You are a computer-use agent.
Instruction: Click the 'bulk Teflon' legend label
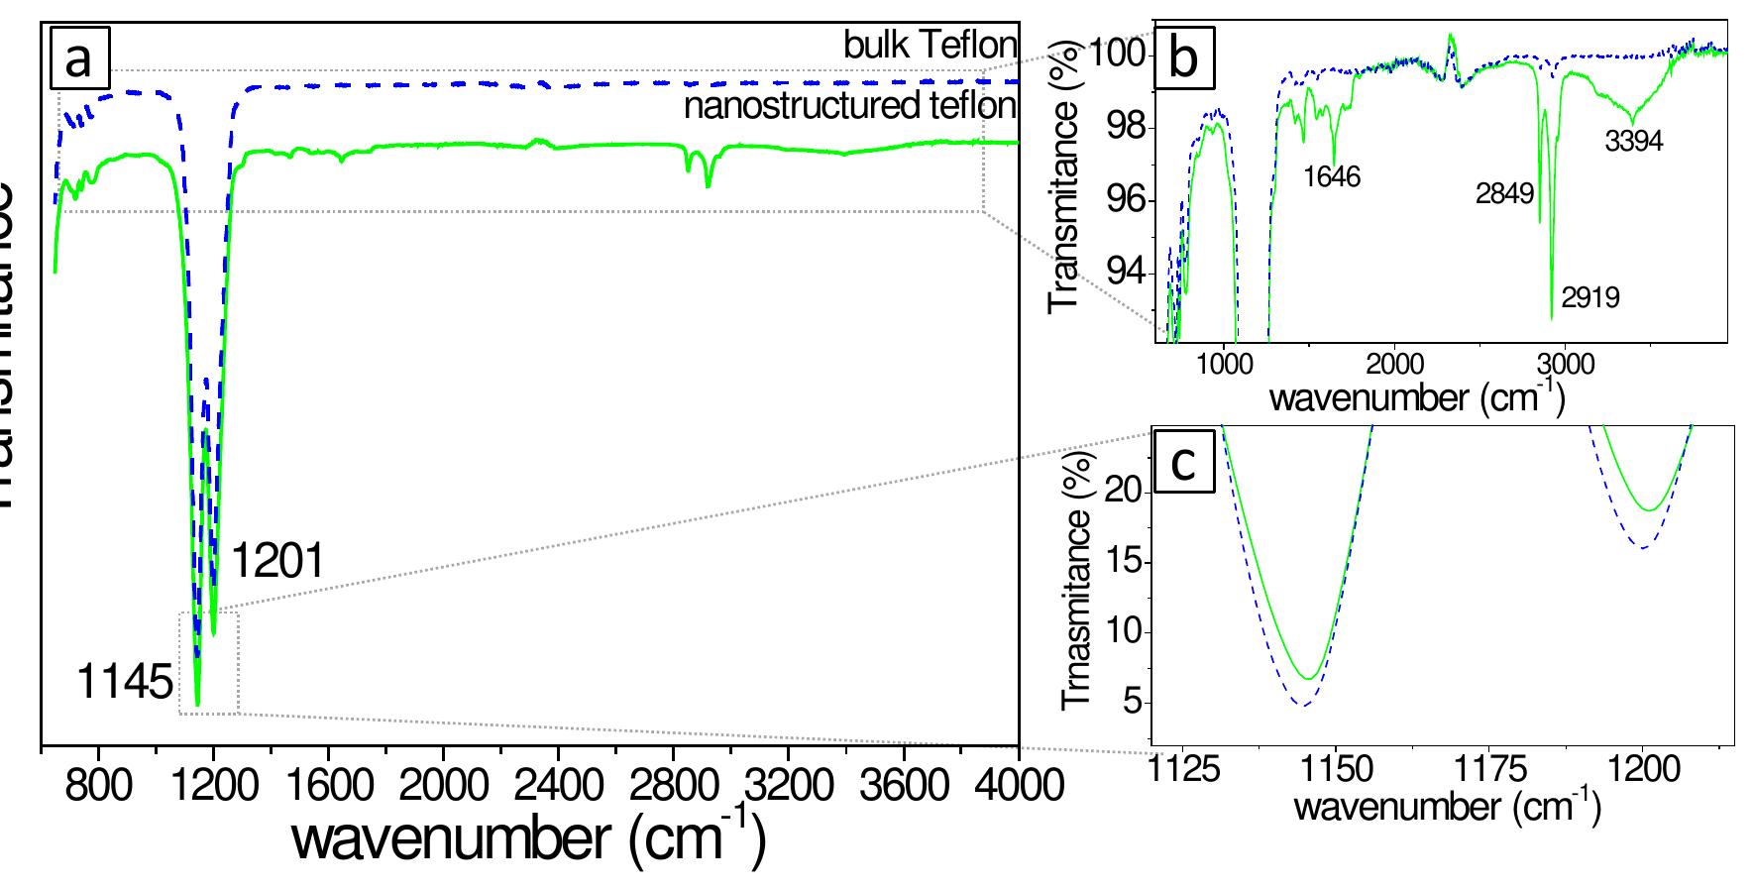pyautogui.click(x=931, y=45)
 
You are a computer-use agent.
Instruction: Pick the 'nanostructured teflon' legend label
pyautogui.click(x=850, y=106)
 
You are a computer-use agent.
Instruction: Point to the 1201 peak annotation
pyautogui.click(x=277, y=563)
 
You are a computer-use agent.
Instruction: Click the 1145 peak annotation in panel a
pyautogui.click(x=125, y=684)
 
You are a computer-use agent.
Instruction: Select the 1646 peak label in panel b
pyautogui.click(x=1332, y=176)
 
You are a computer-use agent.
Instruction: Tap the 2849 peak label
pyautogui.click(x=1504, y=193)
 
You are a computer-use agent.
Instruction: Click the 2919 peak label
pyautogui.click(x=1590, y=296)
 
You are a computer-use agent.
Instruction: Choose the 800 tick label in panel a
pyautogui.click(x=97, y=787)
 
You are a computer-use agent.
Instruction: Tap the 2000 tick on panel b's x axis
pyautogui.click(x=1394, y=363)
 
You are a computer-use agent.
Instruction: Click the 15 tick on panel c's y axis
pyautogui.click(x=1123, y=562)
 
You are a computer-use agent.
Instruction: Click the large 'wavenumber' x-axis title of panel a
pyautogui.click(x=528, y=838)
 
